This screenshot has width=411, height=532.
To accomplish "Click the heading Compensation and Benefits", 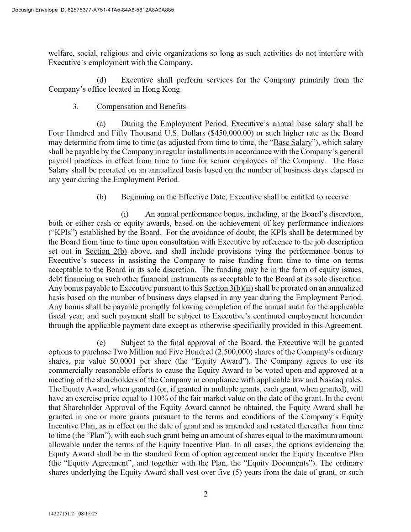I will (142, 107).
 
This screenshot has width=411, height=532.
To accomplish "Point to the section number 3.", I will (75, 107).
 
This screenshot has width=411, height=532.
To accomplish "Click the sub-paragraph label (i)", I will (125, 214).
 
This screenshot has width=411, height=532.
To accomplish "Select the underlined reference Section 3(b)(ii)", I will (228, 288).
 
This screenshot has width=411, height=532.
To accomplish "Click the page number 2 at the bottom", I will (205, 494).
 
